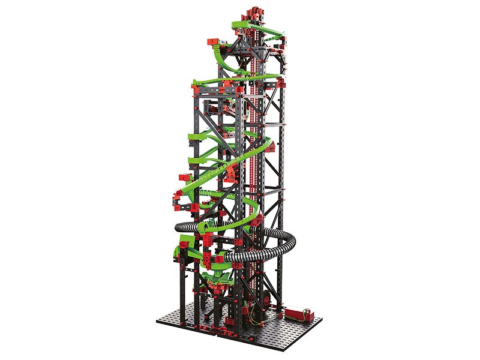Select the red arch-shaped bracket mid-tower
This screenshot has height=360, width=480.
coord(231,174)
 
